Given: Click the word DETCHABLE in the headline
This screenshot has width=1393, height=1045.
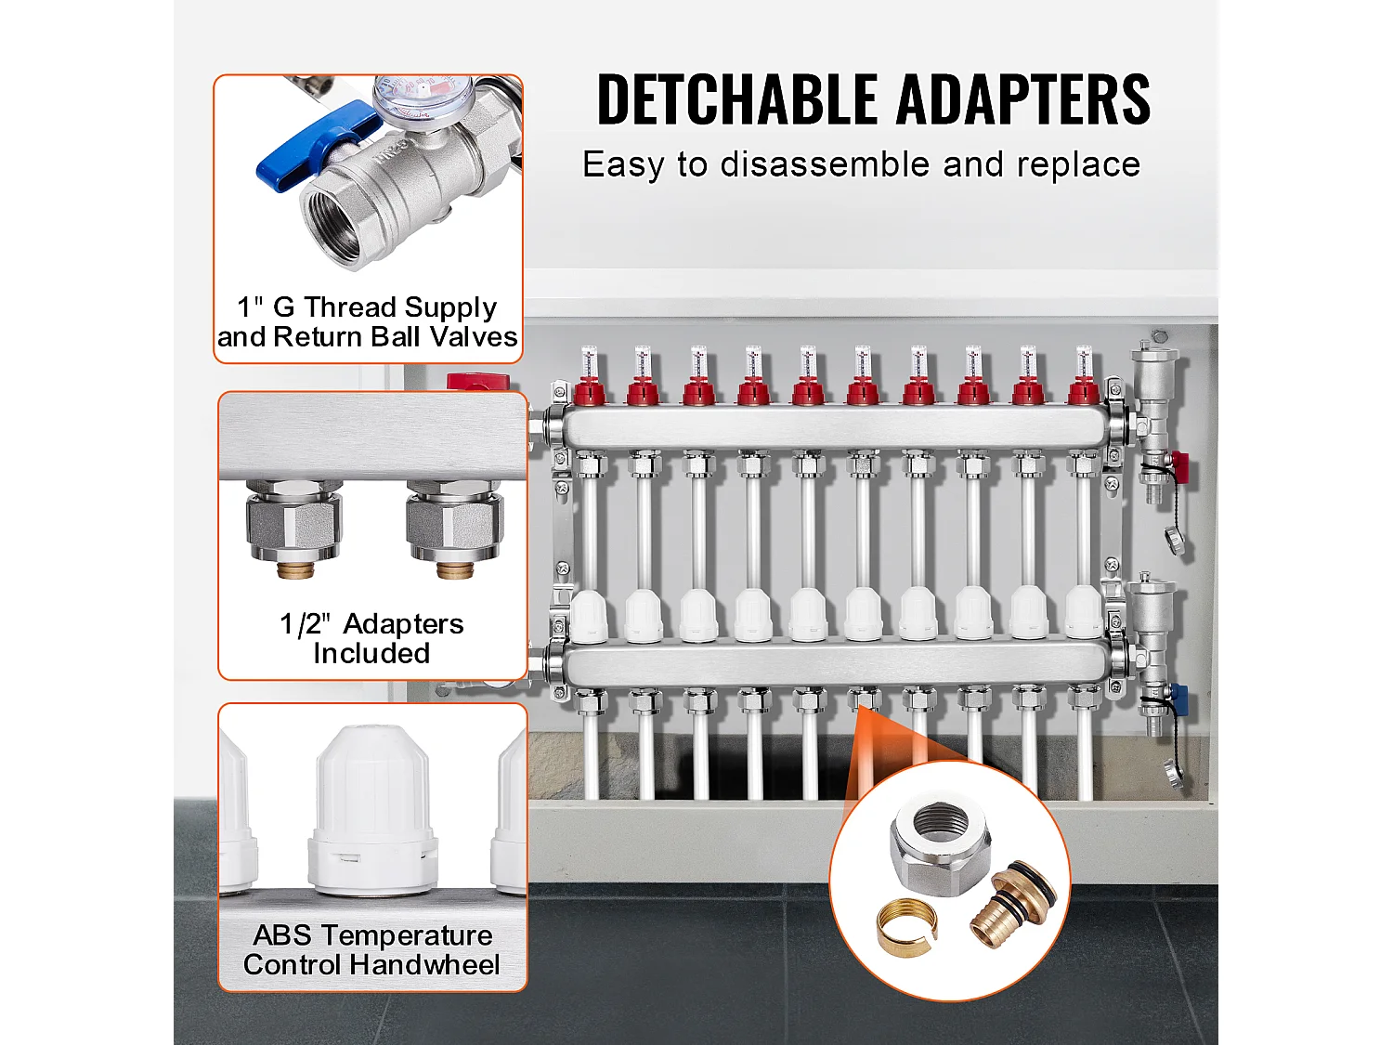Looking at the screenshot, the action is coord(736,99).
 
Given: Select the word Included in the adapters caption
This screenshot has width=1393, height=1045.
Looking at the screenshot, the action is coord(371,654).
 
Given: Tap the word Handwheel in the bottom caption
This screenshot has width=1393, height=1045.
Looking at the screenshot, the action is coord(424,965).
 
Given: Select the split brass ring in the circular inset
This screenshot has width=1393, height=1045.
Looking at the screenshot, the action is coord(907,930).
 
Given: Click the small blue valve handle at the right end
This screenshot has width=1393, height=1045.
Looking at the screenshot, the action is coord(1179,693).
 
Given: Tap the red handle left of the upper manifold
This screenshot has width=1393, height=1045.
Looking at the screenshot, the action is coord(478,382).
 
